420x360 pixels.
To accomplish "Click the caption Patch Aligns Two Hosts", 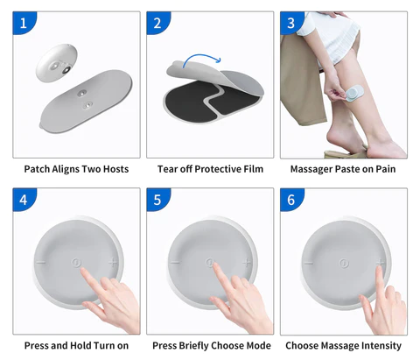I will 76,168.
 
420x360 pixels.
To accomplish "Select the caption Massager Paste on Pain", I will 343,168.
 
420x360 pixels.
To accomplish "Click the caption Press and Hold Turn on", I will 76,345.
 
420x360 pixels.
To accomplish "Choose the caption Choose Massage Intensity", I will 343,345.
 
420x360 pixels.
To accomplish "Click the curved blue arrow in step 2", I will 202,60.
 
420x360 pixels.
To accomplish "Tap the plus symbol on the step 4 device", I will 113,262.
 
